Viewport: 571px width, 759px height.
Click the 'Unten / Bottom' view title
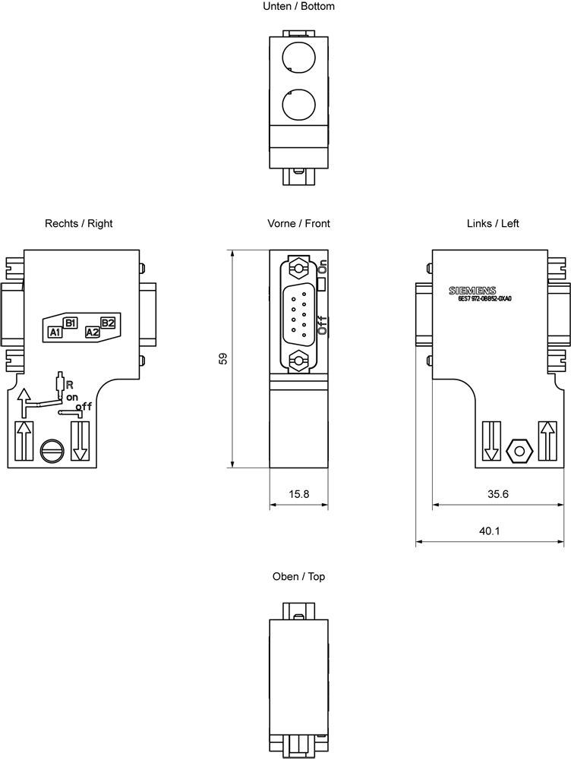(298, 6)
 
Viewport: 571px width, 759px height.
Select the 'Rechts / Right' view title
(79, 223)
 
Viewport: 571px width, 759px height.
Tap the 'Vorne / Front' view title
(298, 223)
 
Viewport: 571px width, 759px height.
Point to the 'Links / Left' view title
(493, 223)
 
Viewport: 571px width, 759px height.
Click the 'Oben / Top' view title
(298, 577)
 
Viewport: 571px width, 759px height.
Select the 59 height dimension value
(223, 359)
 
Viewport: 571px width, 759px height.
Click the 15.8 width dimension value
(298, 494)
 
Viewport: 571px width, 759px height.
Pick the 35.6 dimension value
(498, 494)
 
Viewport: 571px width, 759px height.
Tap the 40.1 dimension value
(490, 531)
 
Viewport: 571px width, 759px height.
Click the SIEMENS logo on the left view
(472, 291)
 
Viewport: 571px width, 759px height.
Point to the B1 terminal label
(70, 323)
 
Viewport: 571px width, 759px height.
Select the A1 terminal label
(55, 332)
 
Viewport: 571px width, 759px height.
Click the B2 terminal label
(107, 323)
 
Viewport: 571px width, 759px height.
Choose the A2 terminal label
(92, 332)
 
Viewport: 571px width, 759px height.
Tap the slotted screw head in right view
(49, 449)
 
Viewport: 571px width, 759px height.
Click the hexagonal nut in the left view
(519, 449)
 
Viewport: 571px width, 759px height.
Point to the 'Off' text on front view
(323, 326)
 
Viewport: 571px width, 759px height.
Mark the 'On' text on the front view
(323, 266)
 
